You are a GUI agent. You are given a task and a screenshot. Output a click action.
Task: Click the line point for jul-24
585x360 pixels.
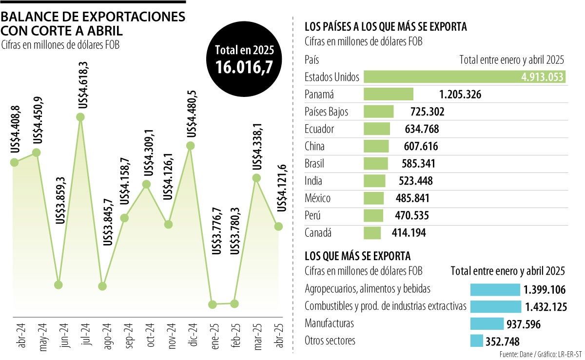pyautogui.click(x=80, y=117)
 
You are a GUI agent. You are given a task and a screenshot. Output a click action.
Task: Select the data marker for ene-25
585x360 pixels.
pyautogui.click(x=212, y=304)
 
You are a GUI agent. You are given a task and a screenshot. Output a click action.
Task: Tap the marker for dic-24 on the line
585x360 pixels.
pyautogui.click(x=191, y=146)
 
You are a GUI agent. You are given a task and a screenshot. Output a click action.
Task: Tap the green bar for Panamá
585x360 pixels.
pyautogui.click(x=389, y=95)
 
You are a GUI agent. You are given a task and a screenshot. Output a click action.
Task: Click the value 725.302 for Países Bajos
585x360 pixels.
pyautogui.click(x=423, y=112)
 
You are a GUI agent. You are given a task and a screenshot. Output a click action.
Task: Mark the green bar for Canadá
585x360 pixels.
pyautogui.click(x=372, y=233)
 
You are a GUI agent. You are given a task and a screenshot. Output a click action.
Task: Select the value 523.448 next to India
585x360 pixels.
pyautogui.click(x=412, y=181)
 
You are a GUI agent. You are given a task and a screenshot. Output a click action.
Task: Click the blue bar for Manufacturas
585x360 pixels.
pyautogui.click(x=487, y=323)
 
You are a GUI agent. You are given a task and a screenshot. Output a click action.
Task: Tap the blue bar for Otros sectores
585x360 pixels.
pyautogui.click(x=476, y=341)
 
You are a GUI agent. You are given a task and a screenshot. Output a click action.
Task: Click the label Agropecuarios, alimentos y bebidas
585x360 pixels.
pyautogui.click(x=368, y=289)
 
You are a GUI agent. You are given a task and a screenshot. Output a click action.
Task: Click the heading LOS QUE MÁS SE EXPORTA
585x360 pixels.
pyautogui.click(x=357, y=256)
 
